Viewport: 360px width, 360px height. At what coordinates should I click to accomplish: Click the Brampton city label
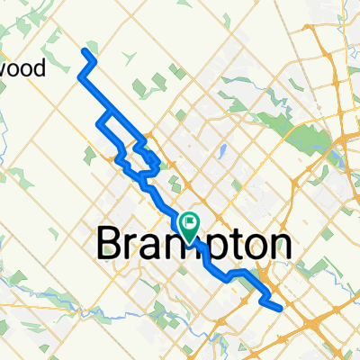pyautogui.click(x=193, y=244)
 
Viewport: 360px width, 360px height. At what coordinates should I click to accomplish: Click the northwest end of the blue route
pyautogui.click(x=86, y=50)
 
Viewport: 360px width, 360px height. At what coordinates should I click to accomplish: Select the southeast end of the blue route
pyautogui.click(x=282, y=308)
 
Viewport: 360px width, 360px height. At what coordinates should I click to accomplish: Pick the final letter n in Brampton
pyautogui.click(x=278, y=245)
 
